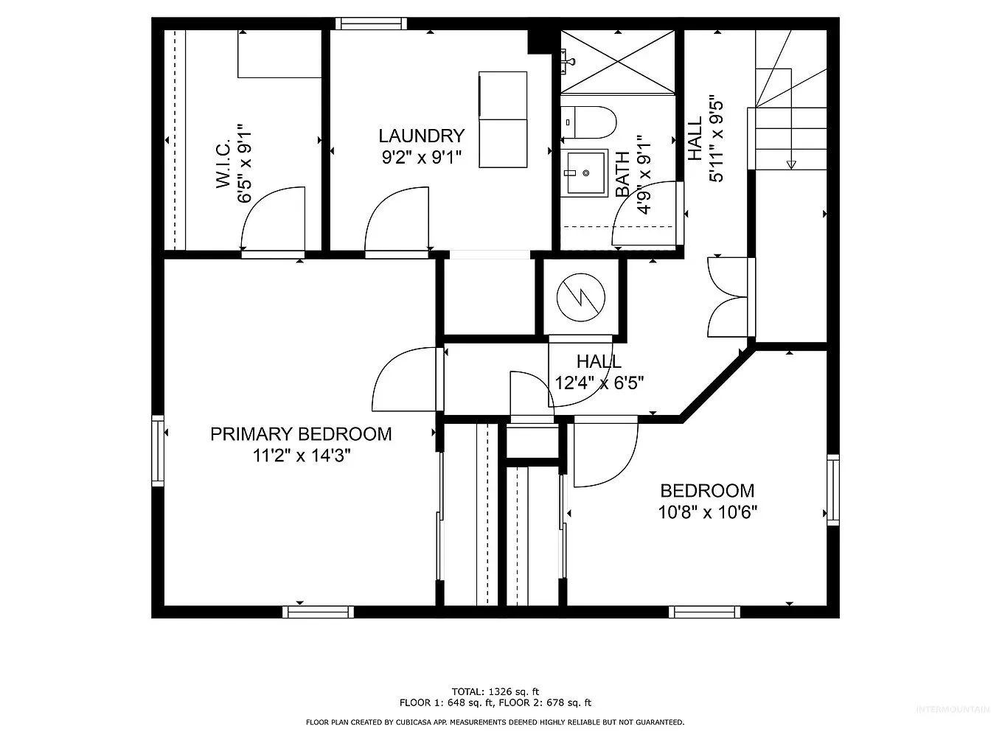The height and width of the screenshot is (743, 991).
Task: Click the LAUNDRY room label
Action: pos(421,136)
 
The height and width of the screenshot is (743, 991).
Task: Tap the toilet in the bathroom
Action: pos(588,122)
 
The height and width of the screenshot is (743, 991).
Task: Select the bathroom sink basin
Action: pos(584,172)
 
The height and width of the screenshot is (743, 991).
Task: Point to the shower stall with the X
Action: pos(617,62)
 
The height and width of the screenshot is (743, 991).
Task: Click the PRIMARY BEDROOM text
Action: pos(301,433)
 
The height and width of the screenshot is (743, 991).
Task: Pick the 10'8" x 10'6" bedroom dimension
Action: pos(707,512)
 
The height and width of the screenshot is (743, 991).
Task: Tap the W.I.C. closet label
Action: pos(223,163)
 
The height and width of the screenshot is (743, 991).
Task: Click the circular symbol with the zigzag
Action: pos(580,297)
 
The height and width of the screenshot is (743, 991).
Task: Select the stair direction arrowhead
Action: pos(791,165)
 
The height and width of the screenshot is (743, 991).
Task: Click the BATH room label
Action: pos(622,174)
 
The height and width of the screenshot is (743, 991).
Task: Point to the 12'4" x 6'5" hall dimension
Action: pos(599,383)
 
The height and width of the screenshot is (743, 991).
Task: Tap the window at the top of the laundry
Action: pos(371,24)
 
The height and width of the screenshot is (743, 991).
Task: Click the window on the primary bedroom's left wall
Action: pos(158,450)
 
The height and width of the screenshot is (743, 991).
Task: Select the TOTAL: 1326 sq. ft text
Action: pos(495,691)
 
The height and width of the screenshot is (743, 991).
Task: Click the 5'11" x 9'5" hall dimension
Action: pos(716,139)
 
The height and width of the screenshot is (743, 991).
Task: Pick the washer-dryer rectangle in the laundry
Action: pos(503,119)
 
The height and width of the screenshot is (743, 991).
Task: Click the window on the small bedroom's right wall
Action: pos(833,490)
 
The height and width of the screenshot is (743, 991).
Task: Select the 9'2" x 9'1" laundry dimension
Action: pos(421,157)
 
